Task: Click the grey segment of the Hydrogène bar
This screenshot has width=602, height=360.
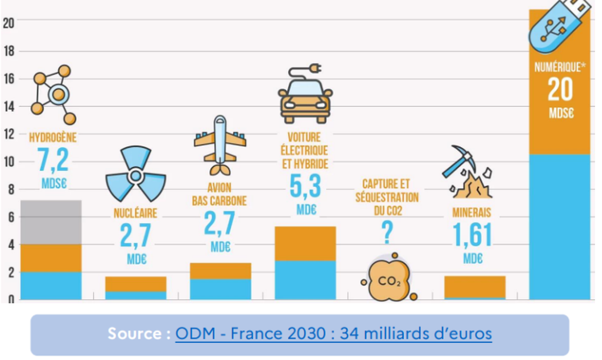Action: click(x=51, y=222)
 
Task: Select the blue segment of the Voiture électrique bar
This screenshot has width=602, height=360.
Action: click(x=305, y=280)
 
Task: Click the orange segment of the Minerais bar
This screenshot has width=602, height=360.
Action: click(x=475, y=286)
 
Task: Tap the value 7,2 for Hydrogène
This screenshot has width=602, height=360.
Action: click(x=53, y=161)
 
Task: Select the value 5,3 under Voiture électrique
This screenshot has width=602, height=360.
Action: click(x=304, y=186)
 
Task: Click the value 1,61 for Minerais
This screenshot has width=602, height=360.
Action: click(x=472, y=236)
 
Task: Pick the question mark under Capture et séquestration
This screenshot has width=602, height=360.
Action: click(x=387, y=233)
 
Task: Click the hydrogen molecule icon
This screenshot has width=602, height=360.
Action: click(x=54, y=94)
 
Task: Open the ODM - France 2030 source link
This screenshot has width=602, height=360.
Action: click(x=333, y=333)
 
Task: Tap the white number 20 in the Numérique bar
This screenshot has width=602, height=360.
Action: click(x=560, y=90)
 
